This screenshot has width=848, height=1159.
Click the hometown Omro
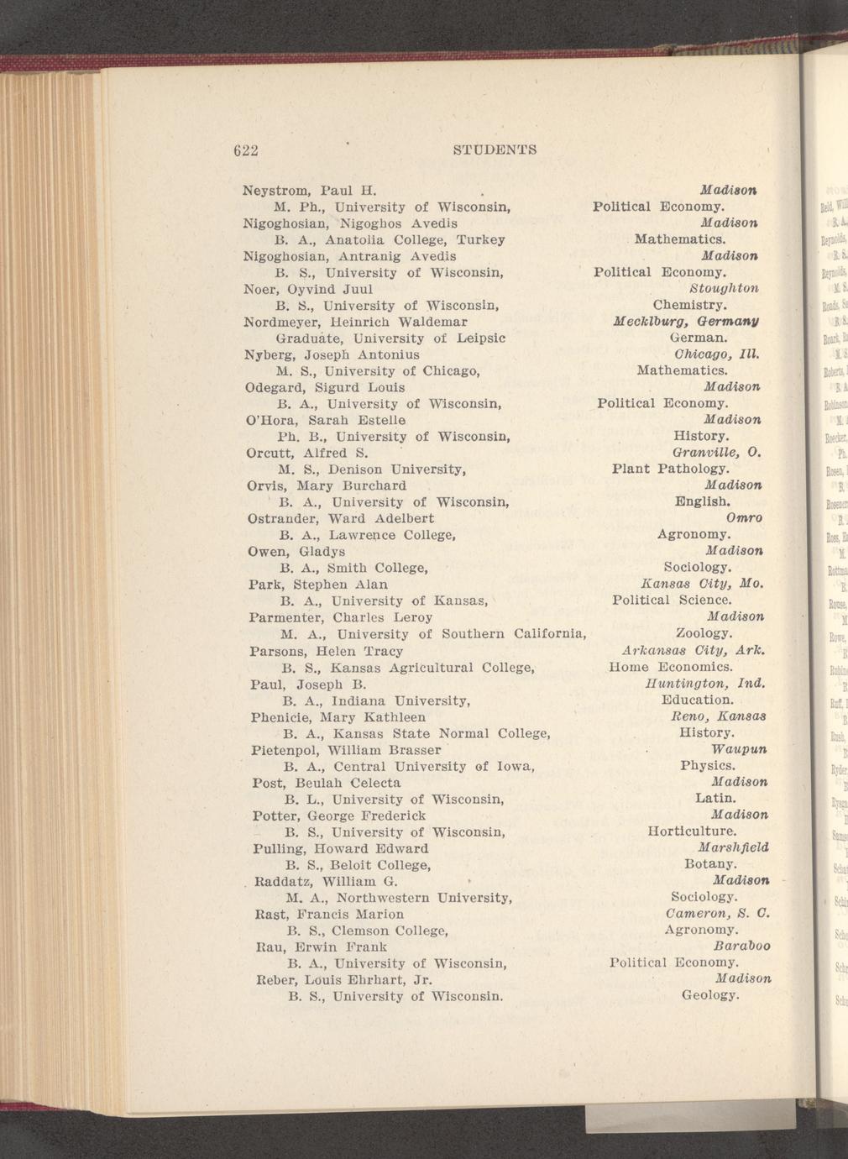[743, 518]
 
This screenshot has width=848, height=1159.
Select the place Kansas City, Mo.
[701, 584]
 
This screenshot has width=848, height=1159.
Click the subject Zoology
[704, 633]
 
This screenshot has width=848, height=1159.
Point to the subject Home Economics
[670, 667]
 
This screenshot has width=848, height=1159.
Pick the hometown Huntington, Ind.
[704, 684]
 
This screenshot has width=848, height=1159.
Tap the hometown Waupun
[739, 749]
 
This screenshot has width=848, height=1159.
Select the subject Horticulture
[692, 831]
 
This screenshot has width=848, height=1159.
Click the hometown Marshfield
[733, 847]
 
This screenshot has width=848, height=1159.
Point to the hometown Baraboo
[741, 947]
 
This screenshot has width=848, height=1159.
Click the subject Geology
[710, 996]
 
